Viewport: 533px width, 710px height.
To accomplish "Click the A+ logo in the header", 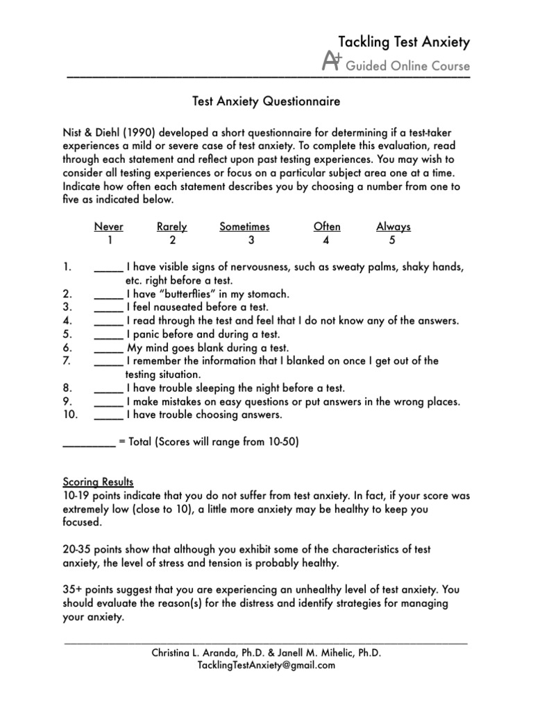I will click(x=332, y=64).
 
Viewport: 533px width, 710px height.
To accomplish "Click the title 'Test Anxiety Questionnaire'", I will click(x=266, y=102).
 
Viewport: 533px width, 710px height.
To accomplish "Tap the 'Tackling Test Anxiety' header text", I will click(x=403, y=42).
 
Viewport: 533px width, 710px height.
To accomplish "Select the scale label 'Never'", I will click(x=109, y=227).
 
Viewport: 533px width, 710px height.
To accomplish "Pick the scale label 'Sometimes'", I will click(x=244, y=227).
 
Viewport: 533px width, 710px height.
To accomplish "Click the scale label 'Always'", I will click(x=393, y=227).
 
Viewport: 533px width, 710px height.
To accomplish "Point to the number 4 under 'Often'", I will click(x=326, y=241).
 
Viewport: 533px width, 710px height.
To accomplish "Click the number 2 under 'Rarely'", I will click(x=172, y=241).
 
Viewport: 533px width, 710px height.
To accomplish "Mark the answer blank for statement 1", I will click(x=108, y=268).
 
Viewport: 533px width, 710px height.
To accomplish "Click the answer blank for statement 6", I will click(x=108, y=347).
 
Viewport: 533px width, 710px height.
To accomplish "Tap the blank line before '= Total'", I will click(x=89, y=442).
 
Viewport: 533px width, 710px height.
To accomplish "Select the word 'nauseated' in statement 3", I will click(x=176, y=307).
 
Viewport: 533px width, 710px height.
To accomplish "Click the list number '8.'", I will click(x=67, y=388).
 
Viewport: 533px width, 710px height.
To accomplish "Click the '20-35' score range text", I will click(x=76, y=549).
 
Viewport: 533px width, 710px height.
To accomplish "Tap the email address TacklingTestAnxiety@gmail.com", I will click(x=266, y=665).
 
